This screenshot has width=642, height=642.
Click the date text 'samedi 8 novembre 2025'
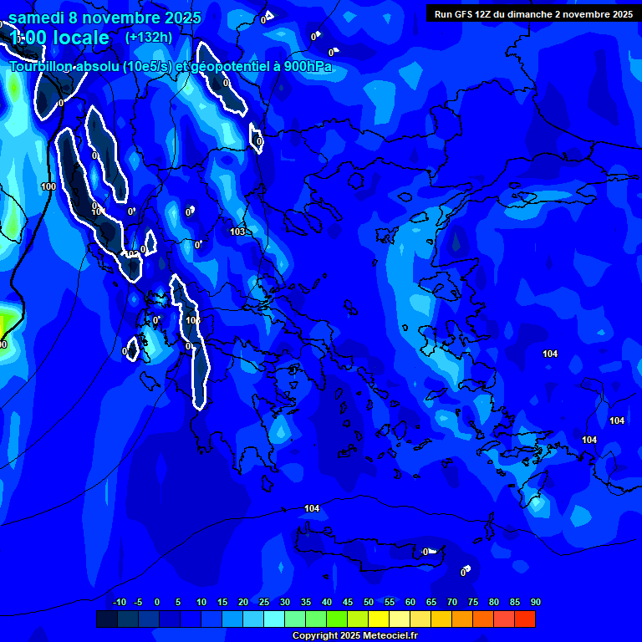104,17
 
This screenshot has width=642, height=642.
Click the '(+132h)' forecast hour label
148,37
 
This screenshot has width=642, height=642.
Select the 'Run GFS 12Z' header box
529,13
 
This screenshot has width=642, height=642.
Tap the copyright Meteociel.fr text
354,636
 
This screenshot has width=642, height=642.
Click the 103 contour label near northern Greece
237,232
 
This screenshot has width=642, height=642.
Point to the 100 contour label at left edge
48,186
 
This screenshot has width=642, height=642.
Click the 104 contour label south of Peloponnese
312,508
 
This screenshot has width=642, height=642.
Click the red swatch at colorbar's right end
525,619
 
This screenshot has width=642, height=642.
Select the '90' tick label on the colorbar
535,603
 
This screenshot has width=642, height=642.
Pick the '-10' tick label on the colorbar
119,603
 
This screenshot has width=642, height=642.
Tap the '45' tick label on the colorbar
347,603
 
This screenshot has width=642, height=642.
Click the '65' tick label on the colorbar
431,603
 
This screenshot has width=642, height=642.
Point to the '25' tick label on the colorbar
263,603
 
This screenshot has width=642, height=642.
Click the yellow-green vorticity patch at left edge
7,324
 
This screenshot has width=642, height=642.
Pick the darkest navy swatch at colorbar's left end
107,619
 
